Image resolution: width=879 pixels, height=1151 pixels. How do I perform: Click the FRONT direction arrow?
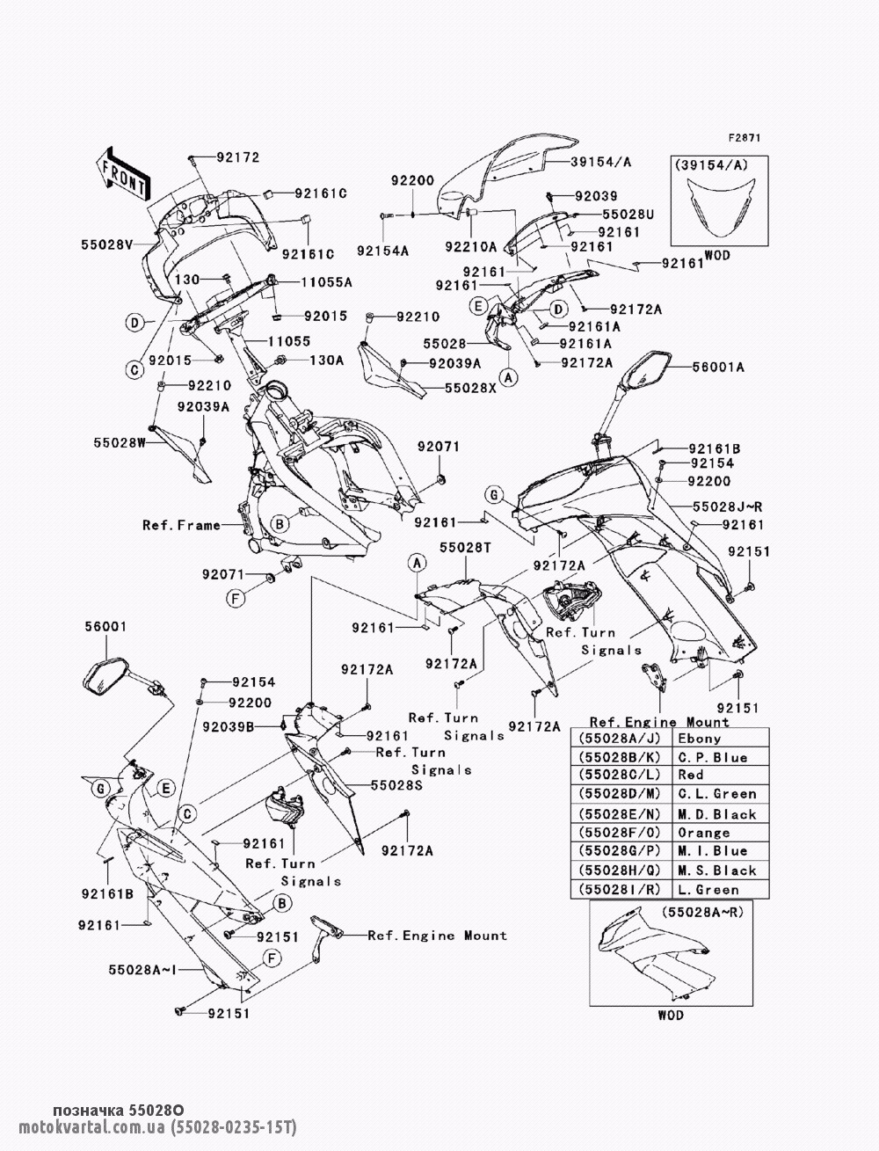pyautogui.click(x=123, y=173)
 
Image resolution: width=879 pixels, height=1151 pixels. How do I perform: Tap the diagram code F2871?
pyautogui.click(x=745, y=138)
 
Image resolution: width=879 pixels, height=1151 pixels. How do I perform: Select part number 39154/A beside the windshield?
pyautogui.click(x=600, y=162)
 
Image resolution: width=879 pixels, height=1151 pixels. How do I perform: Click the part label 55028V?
pyautogui.click(x=107, y=244)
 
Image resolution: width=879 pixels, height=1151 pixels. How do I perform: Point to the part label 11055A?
pyautogui.click(x=326, y=282)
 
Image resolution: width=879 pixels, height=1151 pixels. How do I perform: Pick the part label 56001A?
pyautogui.click(x=717, y=367)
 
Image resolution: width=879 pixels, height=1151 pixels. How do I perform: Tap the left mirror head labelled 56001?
pyautogui.click(x=105, y=679)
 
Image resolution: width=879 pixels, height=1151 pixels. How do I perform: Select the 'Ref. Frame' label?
pyautogui.click(x=181, y=525)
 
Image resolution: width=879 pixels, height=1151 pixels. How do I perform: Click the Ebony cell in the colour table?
pyautogui.click(x=699, y=739)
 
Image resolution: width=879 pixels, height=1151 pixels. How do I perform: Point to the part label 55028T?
pyautogui.click(x=466, y=548)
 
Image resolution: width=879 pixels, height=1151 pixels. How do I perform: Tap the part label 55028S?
pyautogui.click(x=396, y=785)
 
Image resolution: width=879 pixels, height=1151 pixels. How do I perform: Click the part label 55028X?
pyautogui.click(x=470, y=388)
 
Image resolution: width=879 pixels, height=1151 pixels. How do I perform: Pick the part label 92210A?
pyautogui.click(x=470, y=247)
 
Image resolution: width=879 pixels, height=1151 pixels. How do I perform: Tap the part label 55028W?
pyautogui.click(x=120, y=442)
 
